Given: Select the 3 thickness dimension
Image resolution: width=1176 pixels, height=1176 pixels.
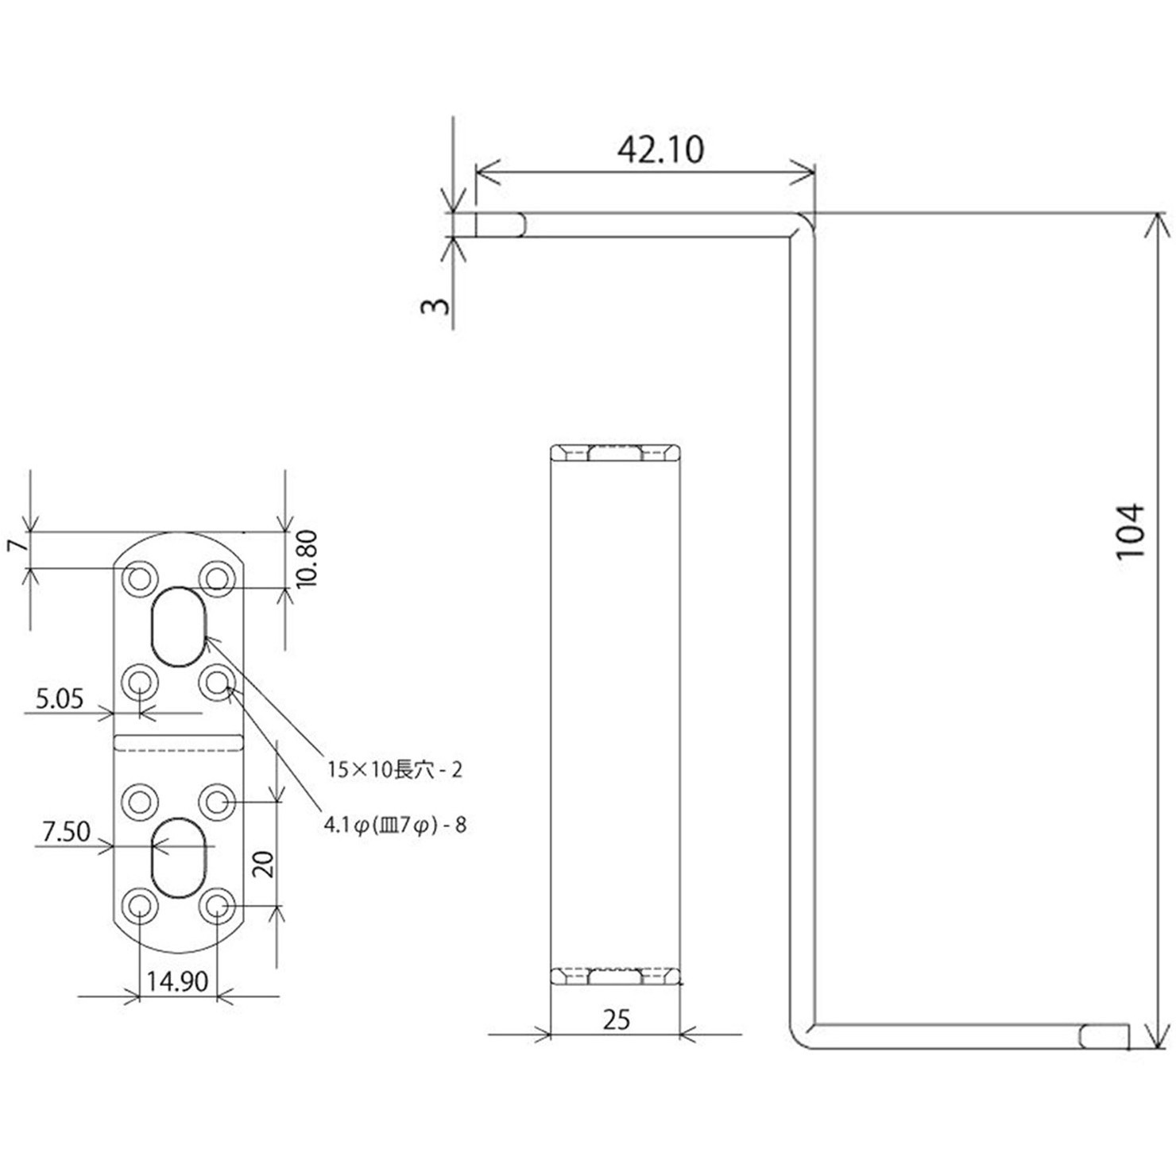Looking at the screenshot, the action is point(435,305).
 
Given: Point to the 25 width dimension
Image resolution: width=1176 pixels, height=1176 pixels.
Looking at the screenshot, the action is point(616,1019).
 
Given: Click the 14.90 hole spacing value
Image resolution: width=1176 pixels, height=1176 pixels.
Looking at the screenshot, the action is point(176,981).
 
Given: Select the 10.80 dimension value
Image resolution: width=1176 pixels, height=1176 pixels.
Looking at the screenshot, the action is point(306,558).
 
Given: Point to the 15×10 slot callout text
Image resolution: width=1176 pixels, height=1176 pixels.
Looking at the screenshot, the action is point(395,769).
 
